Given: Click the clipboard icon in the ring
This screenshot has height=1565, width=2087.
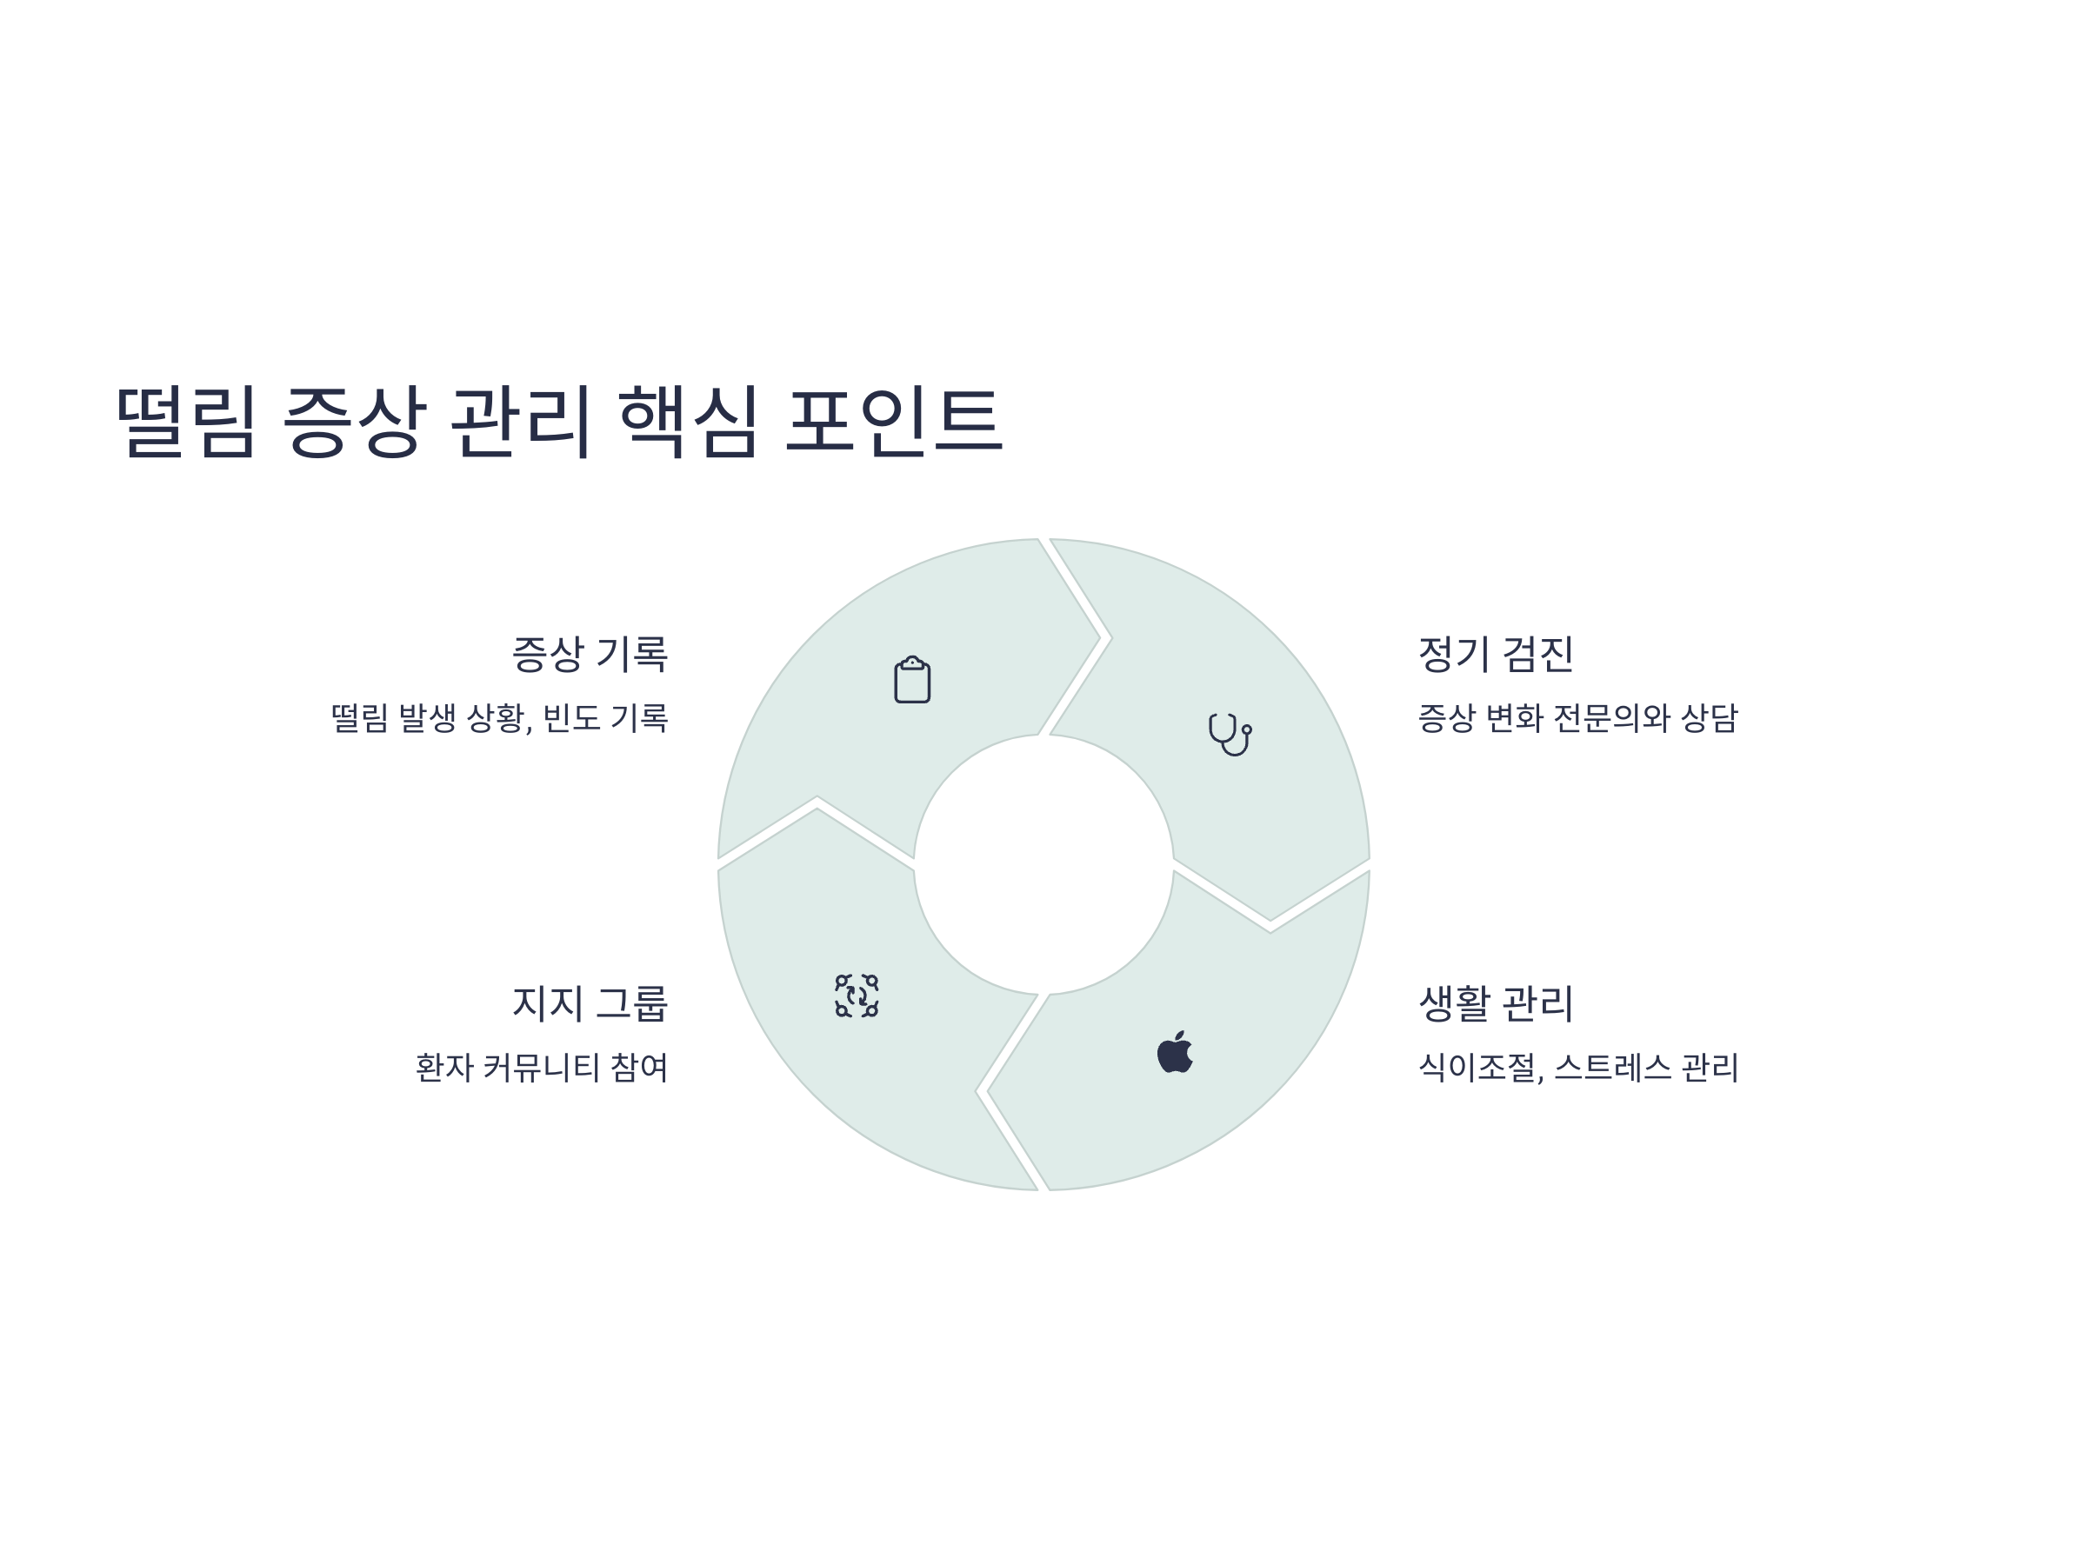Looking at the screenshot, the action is click(912, 680).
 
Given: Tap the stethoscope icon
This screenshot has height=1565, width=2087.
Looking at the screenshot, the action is click(1230, 734).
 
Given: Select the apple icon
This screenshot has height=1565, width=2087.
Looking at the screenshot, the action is click(1175, 1052).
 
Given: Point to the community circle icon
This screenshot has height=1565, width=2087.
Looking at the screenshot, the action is click(857, 996).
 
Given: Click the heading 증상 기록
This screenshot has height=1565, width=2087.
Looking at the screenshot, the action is click(590, 655).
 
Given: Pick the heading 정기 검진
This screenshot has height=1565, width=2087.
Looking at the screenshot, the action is click(1496, 655).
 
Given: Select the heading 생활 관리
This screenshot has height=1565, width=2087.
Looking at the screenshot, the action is click(1496, 1003).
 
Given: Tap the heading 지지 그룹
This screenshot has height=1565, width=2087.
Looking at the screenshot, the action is click(590, 1003).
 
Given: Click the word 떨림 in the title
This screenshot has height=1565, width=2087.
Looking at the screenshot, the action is click(186, 421).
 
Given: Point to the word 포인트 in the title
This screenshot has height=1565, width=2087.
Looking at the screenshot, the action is click(893, 421).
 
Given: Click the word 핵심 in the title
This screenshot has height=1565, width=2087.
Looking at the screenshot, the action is click(689, 421).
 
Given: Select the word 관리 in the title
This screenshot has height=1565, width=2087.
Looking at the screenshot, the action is click(521, 421).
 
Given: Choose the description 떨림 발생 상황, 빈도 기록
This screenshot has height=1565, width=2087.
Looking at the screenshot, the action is click(499, 719).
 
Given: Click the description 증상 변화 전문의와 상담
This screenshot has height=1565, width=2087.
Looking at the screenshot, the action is click(1577, 719).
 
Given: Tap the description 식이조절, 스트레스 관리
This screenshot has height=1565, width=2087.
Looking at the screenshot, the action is click(1577, 1068).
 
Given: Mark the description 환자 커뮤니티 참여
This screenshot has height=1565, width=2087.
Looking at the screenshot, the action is click(542, 1068).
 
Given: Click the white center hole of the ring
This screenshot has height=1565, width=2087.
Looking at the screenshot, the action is click(1043, 864).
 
